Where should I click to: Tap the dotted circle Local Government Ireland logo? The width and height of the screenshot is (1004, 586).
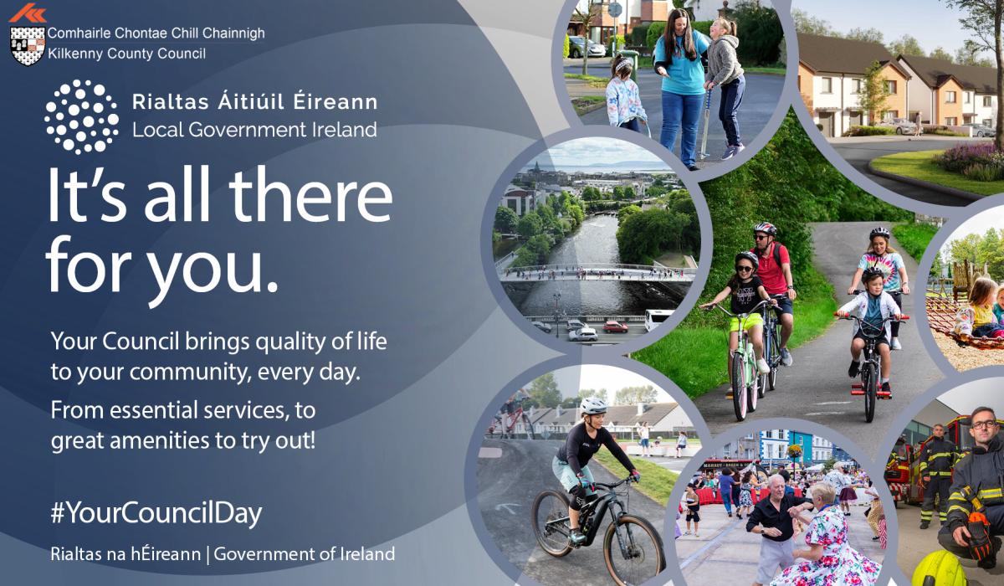(x=81, y=116)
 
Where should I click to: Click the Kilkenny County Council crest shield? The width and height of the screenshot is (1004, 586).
(x=27, y=45)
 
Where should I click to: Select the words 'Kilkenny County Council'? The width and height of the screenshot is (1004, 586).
(x=126, y=54)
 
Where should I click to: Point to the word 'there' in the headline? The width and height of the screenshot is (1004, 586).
(x=310, y=198)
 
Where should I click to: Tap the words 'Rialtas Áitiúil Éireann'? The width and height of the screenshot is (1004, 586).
(x=254, y=102)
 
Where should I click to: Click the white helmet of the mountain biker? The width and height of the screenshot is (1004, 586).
(x=593, y=405)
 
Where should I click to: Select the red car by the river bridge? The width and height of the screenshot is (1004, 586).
(x=616, y=327)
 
